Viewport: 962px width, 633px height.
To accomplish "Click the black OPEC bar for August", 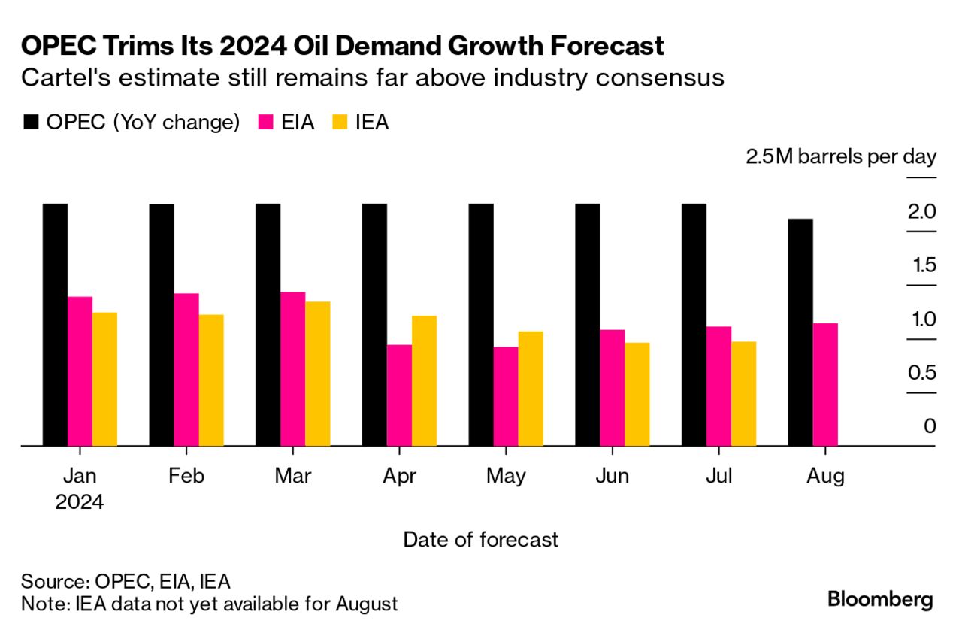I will coord(800,332).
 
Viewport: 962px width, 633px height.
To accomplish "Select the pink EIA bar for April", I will coord(399,395).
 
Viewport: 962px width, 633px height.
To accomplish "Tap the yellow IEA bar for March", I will coord(318,374).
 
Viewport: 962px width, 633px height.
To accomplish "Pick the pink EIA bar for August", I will coord(825,385).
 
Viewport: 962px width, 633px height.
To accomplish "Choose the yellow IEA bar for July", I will coord(744,394).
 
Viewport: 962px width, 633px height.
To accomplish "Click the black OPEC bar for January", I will coord(55,325).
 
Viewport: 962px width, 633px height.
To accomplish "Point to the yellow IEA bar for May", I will coord(531,389).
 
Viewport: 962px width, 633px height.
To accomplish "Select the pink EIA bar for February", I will coord(186,370).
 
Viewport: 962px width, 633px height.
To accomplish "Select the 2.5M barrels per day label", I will coord(841,157).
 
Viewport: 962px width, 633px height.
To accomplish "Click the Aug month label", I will coord(824,477).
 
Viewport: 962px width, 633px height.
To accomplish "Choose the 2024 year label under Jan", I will coord(80,501).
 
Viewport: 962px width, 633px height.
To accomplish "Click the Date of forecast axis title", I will coord(481,539).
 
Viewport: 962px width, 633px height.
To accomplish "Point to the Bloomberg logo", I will coord(880,599).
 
